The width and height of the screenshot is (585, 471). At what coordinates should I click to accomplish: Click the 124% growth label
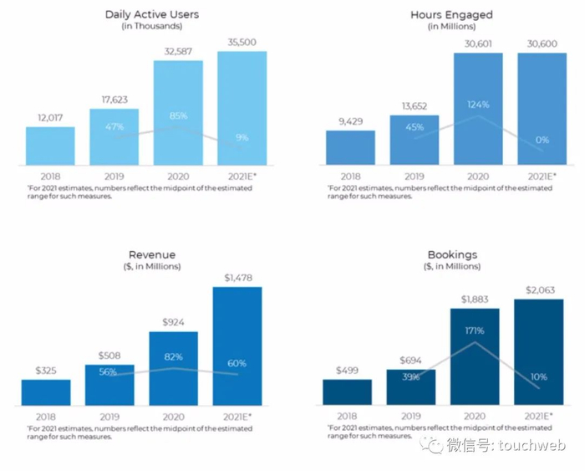click(x=478, y=105)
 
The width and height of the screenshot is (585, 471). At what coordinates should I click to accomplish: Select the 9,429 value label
click(x=350, y=120)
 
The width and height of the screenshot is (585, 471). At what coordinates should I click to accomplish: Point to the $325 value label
click(x=46, y=369)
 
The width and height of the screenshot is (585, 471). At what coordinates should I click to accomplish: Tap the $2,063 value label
click(x=538, y=289)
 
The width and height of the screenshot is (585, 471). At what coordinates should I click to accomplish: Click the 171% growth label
click(x=476, y=330)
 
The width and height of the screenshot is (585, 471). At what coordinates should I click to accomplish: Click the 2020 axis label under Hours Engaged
click(x=478, y=177)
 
